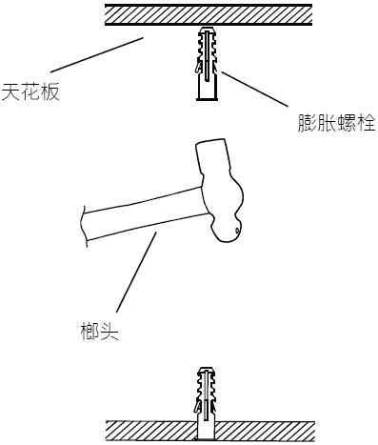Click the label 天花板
[x=30, y=94]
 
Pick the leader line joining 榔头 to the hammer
[x=136, y=271]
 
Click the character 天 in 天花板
[x=10, y=94]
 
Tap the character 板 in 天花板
[x=50, y=94]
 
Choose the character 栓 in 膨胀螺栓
[x=367, y=125]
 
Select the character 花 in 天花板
[x=30, y=94]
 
